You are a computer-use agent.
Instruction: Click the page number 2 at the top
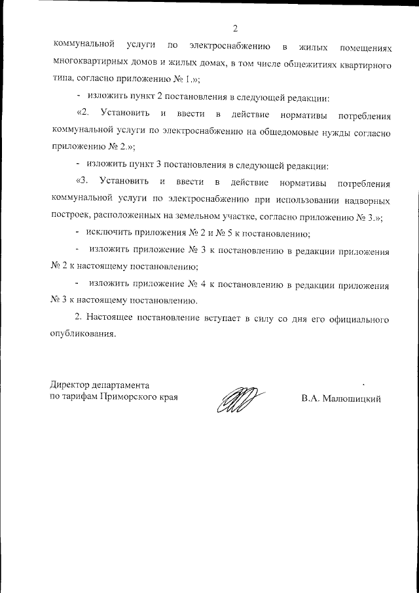pyautogui.click(x=234, y=28)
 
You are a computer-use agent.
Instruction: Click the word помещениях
pyautogui.click(x=365, y=48)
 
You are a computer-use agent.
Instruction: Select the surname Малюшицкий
pyautogui.click(x=350, y=398)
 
